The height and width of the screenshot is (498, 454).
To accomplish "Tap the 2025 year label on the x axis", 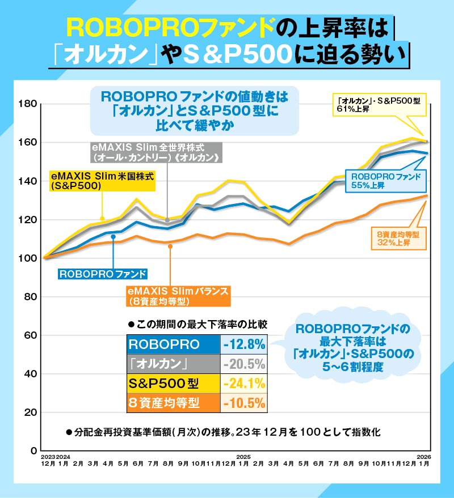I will point(243,456).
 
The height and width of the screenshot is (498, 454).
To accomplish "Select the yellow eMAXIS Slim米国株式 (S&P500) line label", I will point(102,180).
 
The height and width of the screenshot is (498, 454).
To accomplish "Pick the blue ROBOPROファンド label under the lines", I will point(103,274).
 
